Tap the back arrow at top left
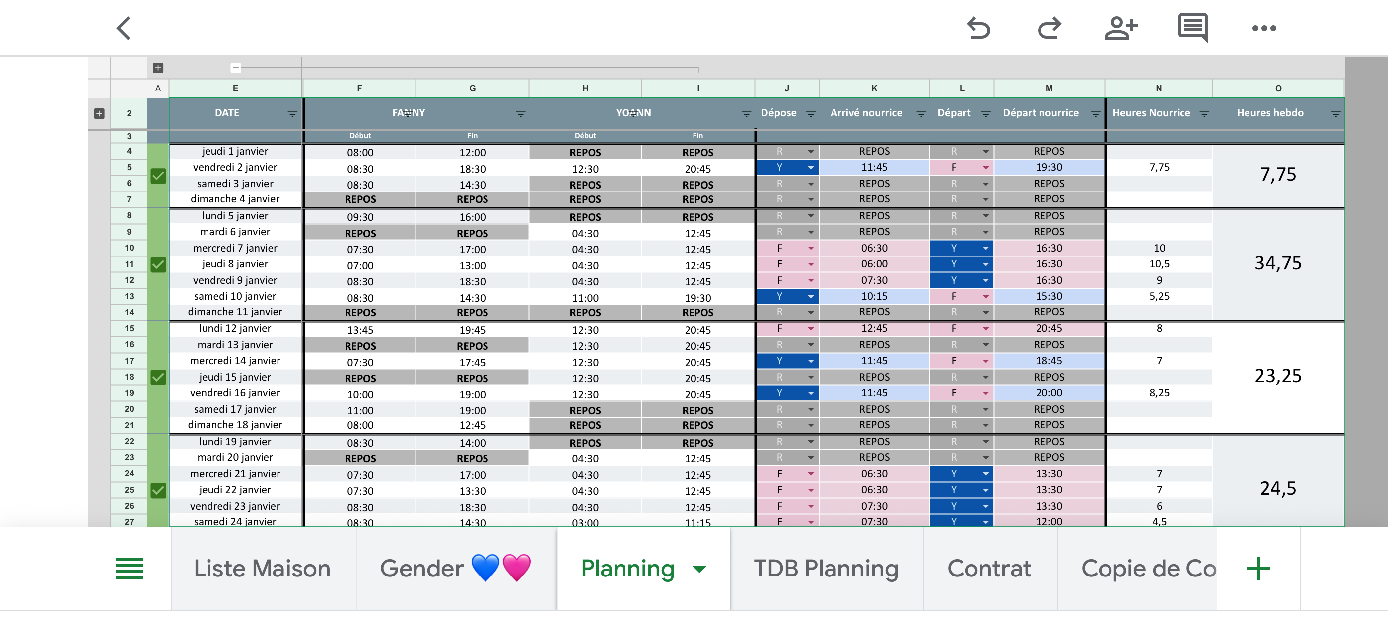click(124, 28)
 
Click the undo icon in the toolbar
click(978, 28)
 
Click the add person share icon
click(1121, 28)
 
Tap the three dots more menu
click(1264, 28)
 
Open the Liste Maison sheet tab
click(262, 569)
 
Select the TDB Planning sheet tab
click(826, 569)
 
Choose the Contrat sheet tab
click(989, 569)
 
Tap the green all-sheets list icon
click(129, 569)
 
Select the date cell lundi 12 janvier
click(235, 328)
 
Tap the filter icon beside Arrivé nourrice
click(921, 114)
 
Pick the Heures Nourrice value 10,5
click(1159, 264)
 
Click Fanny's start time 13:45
click(360, 330)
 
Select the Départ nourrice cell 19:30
click(1049, 167)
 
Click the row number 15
click(129, 328)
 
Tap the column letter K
click(874, 88)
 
